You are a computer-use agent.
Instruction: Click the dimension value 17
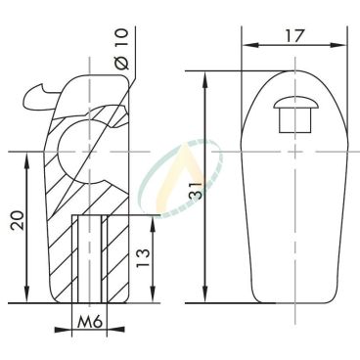(x=294, y=35)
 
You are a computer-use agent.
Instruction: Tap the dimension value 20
(x=18, y=221)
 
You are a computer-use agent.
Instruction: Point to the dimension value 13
(x=143, y=258)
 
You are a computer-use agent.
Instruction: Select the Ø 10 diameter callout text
(x=122, y=49)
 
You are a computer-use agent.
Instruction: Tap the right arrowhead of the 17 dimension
(x=337, y=45)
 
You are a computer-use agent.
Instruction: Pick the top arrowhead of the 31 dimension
(x=205, y=80)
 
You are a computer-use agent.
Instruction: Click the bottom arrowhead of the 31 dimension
(x=205, y=294)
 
